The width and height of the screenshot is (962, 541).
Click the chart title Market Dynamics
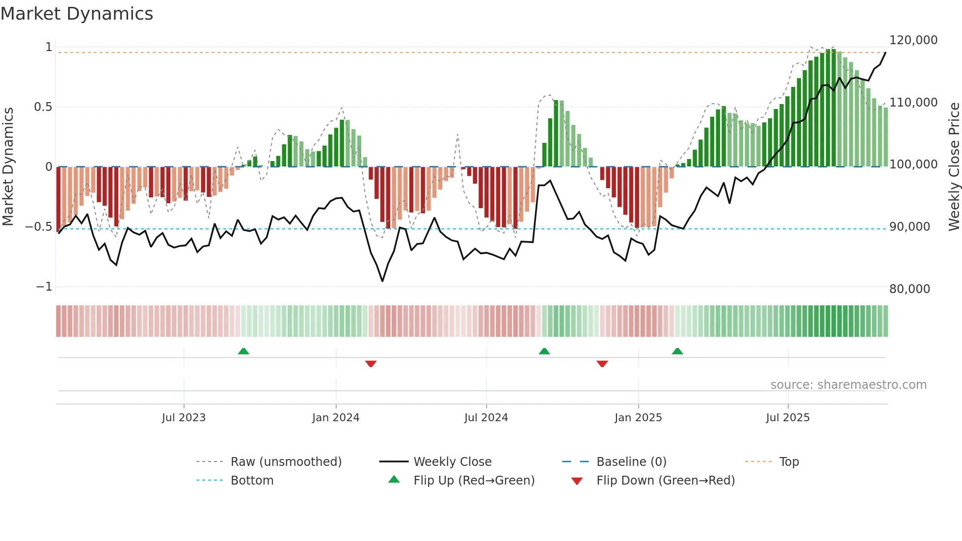click(x=77, y=14)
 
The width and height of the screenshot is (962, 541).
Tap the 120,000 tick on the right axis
click(x=913, y=40)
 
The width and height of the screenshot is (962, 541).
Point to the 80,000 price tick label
click(x=909, y=289)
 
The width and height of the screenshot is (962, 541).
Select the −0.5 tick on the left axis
click(x=39, y=227)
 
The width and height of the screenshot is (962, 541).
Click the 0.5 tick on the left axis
click(x=43, y=107)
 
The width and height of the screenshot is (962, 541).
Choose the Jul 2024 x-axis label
click(x=486, y=418)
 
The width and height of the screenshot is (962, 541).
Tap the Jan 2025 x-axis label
click(x=638, y=418)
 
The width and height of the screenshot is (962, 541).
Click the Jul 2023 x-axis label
click(x=184, y=418)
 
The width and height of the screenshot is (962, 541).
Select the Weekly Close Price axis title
click(x=954, y=166)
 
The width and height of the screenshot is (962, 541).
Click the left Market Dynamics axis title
click(x=8, y=166)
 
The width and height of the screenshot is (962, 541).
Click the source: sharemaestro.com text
click(x=848, y=385)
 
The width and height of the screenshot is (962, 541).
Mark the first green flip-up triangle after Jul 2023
click(x=243, y=351)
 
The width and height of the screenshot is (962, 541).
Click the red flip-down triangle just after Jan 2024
click(x=371, y=364)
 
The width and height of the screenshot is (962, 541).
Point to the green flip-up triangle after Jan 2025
click(x=677, y=351)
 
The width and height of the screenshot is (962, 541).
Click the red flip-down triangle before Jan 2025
click(x=602, y=364)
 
